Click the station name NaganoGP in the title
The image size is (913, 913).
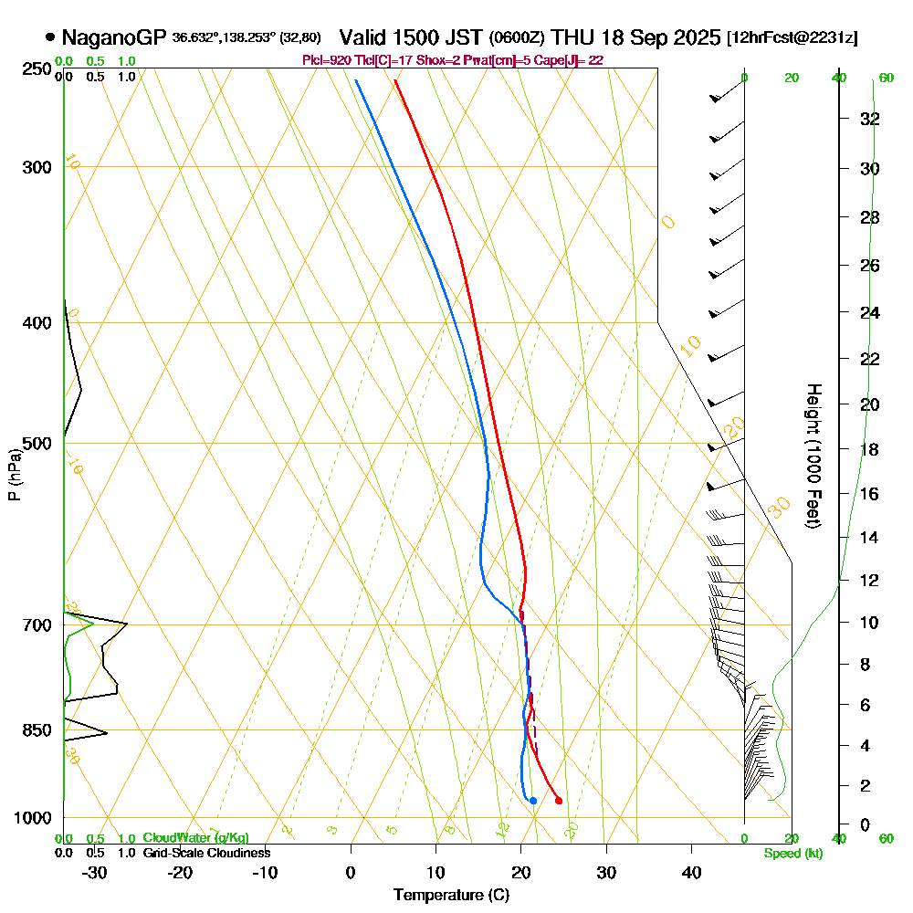[115, 38]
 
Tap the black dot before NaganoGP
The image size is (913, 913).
[49, 38]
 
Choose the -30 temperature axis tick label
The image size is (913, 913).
[94, 872]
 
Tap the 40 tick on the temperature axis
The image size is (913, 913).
[691, 872]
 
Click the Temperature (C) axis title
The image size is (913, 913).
[451, 895]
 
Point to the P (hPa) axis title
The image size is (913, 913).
[14, 474]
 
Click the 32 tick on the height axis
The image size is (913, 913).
[869, 119]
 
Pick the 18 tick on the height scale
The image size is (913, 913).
[869, 449]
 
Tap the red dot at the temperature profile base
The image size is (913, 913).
[559, 801]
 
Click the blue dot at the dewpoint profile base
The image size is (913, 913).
[533, 801]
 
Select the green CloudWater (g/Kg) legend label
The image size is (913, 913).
[195, 838]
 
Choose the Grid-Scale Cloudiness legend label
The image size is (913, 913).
[205, 853]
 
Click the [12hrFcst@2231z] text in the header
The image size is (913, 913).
[792, 38]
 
